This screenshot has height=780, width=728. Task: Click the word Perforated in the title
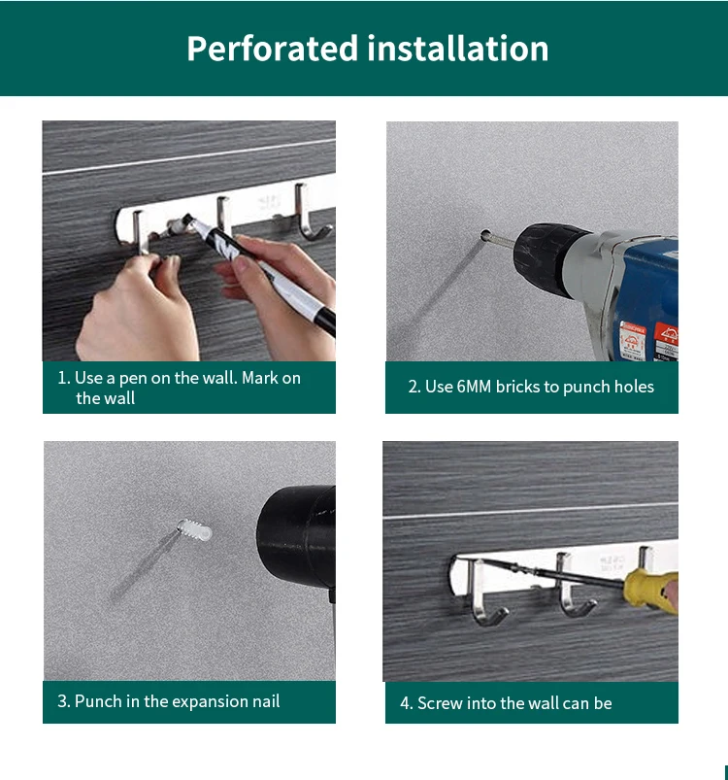273,50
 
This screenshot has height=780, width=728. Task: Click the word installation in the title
458,49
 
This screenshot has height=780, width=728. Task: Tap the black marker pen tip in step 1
188,219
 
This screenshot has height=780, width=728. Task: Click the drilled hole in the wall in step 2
485,234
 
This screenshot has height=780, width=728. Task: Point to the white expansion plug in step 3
194,529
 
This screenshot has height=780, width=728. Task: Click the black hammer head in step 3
297,535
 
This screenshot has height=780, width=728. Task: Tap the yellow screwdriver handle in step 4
651,591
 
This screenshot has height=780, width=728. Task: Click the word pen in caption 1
133,379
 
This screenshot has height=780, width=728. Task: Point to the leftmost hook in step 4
483,592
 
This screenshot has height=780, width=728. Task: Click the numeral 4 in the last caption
405,703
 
